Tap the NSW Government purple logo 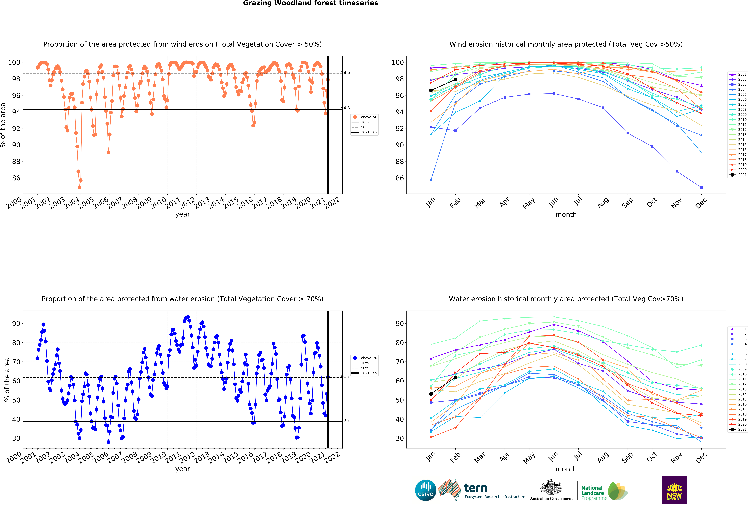(x=674, y=490)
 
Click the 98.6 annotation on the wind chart (x=345, y=72)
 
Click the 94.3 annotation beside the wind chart (x=345, y=108)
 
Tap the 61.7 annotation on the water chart (x=345, y=376)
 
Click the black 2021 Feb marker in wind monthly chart (x=455, y=80)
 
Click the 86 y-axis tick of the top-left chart (x=16, y=178)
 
